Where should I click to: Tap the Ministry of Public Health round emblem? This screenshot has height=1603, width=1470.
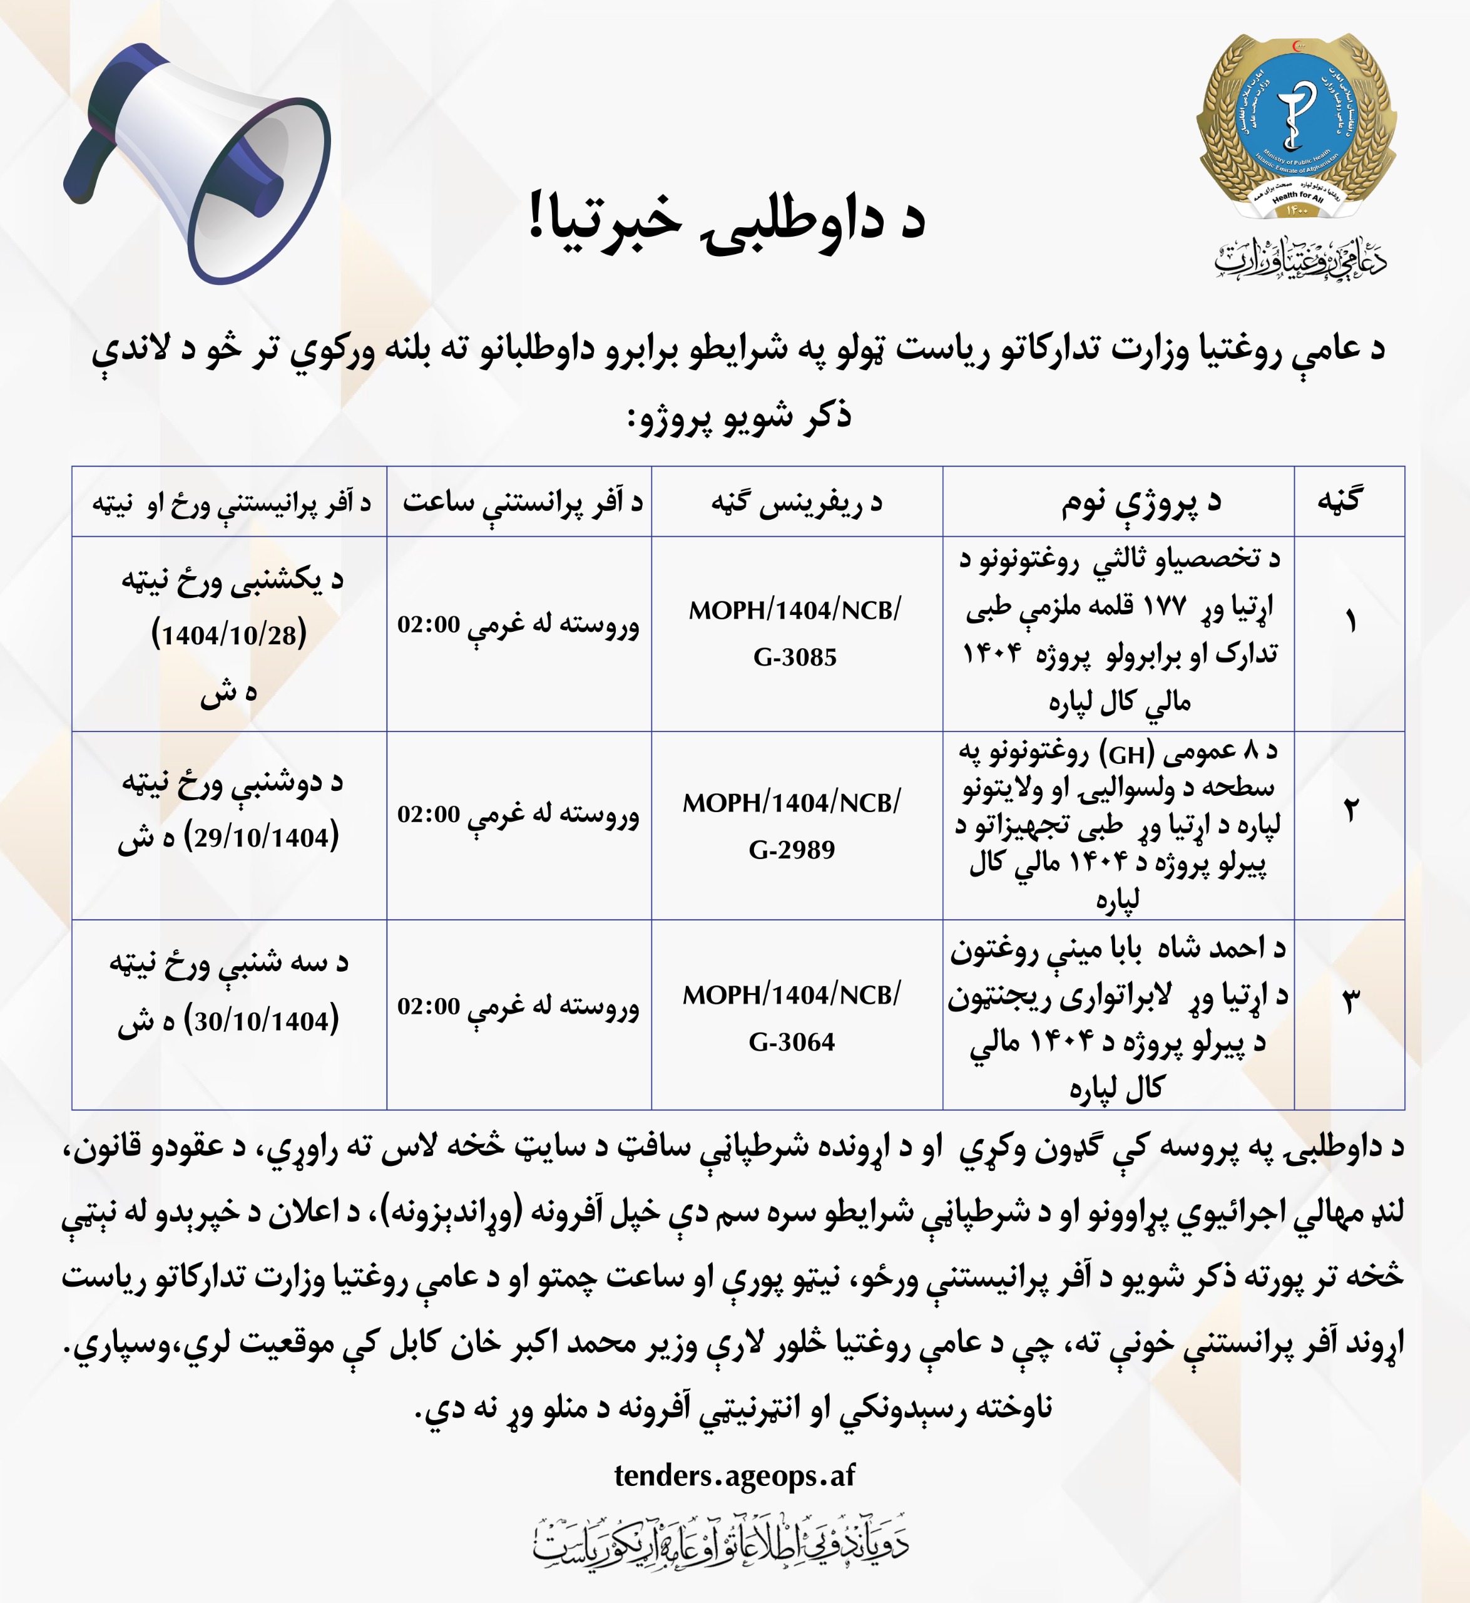1297,127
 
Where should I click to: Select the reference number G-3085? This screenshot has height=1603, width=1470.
795,657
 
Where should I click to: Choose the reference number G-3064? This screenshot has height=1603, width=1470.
792,1042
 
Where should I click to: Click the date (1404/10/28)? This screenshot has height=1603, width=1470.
229,634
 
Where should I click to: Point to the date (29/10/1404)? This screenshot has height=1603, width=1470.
261,837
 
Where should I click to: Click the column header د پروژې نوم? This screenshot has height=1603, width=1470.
1141,502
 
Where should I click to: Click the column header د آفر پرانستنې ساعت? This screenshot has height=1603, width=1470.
522,502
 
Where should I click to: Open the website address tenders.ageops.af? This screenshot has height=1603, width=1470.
734,1475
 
